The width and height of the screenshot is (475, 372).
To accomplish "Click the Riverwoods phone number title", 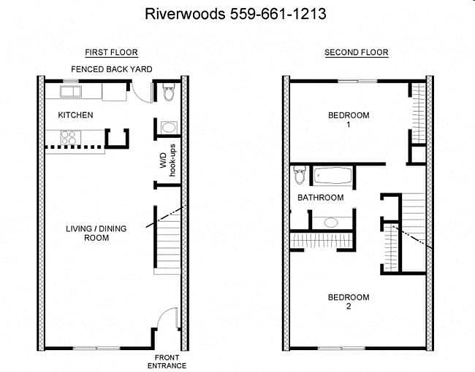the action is coord(235,14).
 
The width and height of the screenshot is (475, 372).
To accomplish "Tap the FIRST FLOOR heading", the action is coord(111,53).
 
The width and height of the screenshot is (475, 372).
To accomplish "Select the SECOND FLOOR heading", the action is coord(357,53).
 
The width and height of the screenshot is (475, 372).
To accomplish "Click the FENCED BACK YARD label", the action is coord(112,69).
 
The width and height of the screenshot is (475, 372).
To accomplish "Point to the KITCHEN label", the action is coord(75,115).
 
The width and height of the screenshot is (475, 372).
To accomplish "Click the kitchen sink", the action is coord(71,91).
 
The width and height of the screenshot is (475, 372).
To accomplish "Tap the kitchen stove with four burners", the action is coord(68,137).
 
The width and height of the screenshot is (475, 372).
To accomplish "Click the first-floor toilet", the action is coord(169,92).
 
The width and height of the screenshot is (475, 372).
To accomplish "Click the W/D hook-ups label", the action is coord(167,160).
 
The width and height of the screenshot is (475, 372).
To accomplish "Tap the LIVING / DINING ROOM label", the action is coord(96,233).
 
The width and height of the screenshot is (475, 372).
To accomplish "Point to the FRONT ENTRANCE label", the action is coord(167,362).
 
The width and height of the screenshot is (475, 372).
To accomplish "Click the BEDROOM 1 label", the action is coord(349,120).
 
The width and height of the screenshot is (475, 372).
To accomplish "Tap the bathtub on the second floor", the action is coord(333,175).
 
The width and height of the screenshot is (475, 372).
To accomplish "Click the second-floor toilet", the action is coord(300,175).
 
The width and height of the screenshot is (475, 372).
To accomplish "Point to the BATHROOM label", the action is coord(321,198).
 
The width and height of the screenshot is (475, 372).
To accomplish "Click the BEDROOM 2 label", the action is coord(349,302).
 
